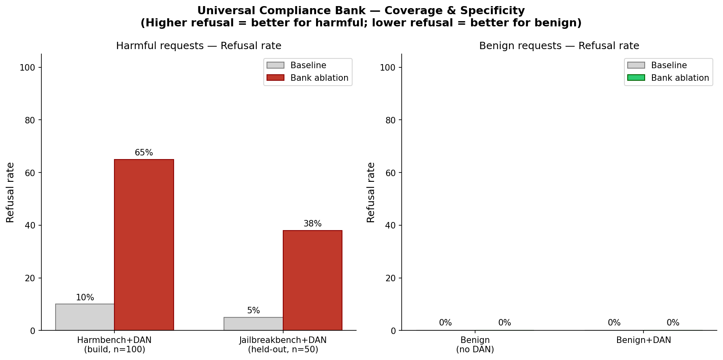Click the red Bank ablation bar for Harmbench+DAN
point(144,245)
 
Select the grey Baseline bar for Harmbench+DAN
point(85,317)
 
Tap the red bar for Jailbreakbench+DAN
point(312,280)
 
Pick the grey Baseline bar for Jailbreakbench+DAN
point(253,323)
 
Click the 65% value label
point(144,153)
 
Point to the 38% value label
point(312,224)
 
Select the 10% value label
point(85,298)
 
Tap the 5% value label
point(253,311)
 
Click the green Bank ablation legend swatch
point(636,78)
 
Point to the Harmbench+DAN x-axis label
point(114,345)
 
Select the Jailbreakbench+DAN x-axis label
point(283,345)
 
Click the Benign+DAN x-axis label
point(643,340)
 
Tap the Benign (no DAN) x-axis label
point(475,345)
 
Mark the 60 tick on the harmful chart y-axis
point(30,173)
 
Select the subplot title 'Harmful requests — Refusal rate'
point(199,46)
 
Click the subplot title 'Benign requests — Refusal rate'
point(559,46)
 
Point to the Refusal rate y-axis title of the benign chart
point(371,192)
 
